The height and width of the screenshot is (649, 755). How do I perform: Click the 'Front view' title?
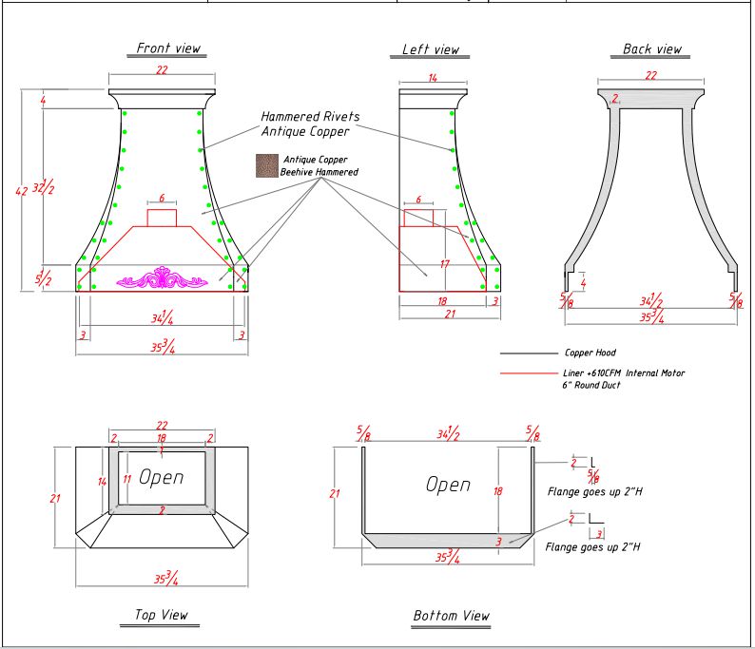[168, 48]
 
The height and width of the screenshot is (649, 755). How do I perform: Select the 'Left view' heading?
[430, 49]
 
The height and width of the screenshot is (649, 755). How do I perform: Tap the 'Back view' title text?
[651, 49]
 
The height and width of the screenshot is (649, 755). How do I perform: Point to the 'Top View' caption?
[153, 616]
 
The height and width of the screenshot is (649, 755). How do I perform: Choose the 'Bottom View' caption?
[451, 616]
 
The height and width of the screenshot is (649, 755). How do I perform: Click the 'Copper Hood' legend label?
[590, 353]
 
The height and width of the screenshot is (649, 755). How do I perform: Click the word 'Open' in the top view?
[162, 477]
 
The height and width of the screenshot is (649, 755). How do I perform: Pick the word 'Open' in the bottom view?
[448, 485]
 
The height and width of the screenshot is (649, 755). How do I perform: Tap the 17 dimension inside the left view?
[444, 264]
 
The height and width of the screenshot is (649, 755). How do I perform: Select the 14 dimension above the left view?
[432, 79]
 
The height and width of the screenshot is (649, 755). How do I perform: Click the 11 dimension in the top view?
[126, 480]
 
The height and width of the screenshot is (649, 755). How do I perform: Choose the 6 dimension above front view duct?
[162, 199]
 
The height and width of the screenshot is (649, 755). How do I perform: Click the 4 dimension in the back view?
[583, 282]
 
